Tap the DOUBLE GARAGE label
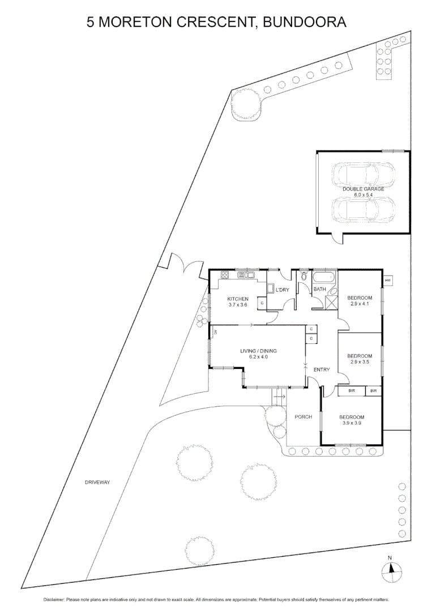(x=363, y=189)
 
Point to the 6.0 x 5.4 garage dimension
(x=363, y=195)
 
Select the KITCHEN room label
(x=238, y=299)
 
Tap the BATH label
(x=320, y=290)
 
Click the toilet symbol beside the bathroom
(x=303, y=276)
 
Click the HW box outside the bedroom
(x=388, y=281)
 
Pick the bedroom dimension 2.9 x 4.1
(x=359, y=304)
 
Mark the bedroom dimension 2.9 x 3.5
(x=359, y=362)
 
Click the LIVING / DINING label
(x=258, y=351)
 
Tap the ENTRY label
(x=321, y=370)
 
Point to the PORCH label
(x=303, y=417)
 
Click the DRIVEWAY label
(x=97, y=483)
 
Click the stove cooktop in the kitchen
(x=224, y=276)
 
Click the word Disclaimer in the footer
(x=54, y=599)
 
